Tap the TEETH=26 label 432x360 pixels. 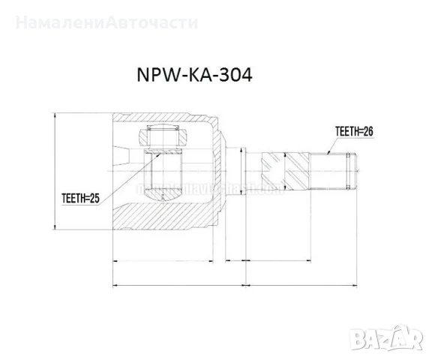pos(353,131)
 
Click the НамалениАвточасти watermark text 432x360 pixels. pos(106,22)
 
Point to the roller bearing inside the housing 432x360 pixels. pos(162,138)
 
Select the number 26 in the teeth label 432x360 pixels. pos(367,131)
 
